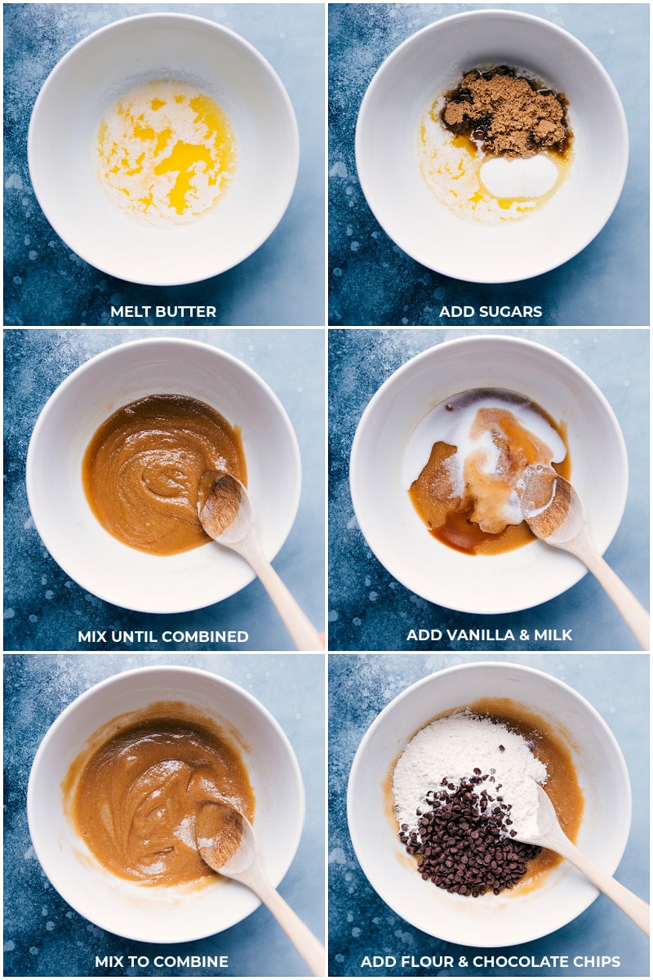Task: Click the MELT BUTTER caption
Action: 163,311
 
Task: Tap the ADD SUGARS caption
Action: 490,311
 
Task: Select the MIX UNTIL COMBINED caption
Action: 163,636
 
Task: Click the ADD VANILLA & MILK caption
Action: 490,635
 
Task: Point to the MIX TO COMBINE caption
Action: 162,961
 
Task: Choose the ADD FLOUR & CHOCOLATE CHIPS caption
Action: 490,961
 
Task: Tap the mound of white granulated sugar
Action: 518,176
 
